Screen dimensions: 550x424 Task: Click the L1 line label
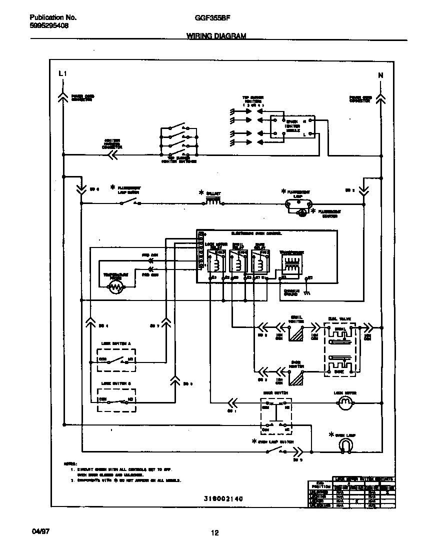tap(62, 74)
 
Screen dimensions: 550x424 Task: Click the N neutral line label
tap(380, 75)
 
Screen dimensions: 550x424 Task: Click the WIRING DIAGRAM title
tap(216, 36)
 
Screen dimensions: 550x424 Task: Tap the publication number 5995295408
tap(46, 25)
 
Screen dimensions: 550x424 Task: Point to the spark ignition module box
tap(293, 127)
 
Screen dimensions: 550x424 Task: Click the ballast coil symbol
tap(213, 202)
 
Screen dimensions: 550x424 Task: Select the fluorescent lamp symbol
tap(298, 203)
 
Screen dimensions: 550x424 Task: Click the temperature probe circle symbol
tap(116, 286)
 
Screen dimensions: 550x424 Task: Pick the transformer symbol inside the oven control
tap(290, 263)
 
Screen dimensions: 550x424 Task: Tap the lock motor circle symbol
tap(344, 401)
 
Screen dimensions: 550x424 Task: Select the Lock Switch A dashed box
tap(116, 360)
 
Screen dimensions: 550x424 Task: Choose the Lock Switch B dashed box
tap(116, 400)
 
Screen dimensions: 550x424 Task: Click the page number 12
tap(214, 533)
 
